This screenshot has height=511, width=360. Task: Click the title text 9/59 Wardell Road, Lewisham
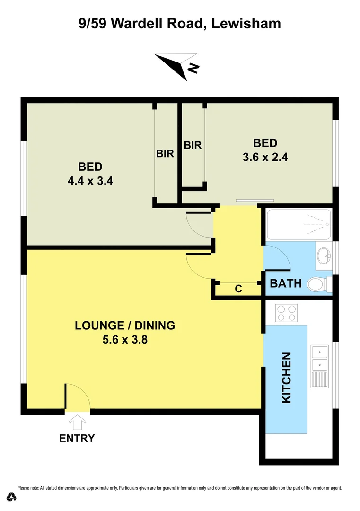coord(180,23)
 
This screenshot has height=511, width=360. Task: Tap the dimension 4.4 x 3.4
coord(90,181)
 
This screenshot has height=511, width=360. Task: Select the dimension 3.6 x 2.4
coord(265,157)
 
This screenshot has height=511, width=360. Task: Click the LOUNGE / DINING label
coord(125,326)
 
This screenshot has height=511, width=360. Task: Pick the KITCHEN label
coord(286,378)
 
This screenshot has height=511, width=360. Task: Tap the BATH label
coord(285,283)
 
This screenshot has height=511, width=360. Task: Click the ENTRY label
coord(77,438)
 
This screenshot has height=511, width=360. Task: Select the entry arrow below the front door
coord(77,421)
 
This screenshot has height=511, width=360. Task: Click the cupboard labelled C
coord(238,289)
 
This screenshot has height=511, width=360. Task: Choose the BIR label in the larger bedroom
coord(166,153)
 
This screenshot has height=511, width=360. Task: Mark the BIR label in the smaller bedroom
coord(193,145)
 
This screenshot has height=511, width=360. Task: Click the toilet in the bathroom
coord(316,284)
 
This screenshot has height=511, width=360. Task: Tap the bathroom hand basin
coord(325,256)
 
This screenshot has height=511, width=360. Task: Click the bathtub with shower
coord(299,224)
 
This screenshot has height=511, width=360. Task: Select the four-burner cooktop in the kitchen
coord(287,313)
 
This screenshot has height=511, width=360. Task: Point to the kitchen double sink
coord(320,358)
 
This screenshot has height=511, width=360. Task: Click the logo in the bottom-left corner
coord(12,497)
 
